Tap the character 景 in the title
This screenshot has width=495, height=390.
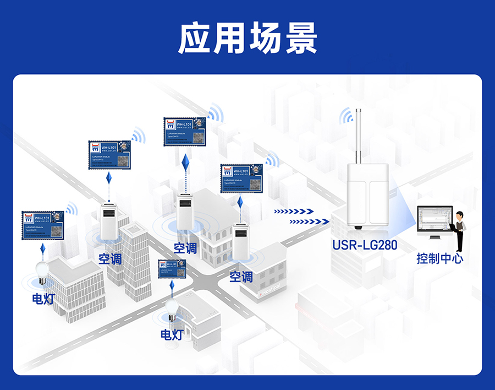coord(300,39)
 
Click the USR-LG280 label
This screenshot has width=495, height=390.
coord(365,245)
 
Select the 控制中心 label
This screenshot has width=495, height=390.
coord(439,258)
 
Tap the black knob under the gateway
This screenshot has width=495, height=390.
coord(358,227)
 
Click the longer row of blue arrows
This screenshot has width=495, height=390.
coord(310,221)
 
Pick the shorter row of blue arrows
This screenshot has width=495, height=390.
coord(294,211)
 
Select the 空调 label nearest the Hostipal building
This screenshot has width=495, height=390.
coord(241,277)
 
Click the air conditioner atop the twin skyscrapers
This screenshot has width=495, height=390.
coord(109,221)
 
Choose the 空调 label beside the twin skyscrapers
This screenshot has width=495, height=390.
coord(110,258)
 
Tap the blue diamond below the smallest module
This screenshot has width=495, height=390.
coord(172,287)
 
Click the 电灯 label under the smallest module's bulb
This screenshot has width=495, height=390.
coord(172,334)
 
